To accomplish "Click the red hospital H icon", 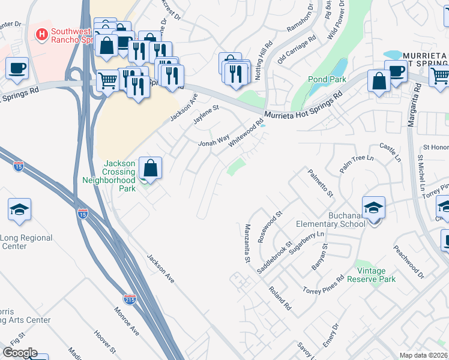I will click(41, 34).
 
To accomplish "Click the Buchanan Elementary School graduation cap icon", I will click(373, 208).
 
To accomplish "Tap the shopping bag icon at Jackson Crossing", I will click(151, 168).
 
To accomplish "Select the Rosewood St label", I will click(270, 226).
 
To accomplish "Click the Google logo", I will click(19, 353).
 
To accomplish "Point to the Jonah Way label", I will click(214, 141).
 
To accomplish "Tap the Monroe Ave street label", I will click(126, 322).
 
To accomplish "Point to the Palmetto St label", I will click(320, 182).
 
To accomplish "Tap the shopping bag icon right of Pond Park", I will click(379, 82).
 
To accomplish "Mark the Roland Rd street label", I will click(280, 298).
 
